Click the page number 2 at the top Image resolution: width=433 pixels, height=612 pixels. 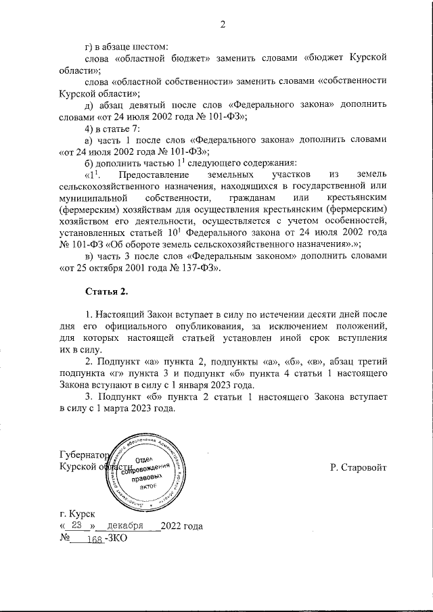222,26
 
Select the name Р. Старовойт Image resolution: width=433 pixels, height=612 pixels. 358,467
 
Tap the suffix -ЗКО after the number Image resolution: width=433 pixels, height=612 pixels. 114,538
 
